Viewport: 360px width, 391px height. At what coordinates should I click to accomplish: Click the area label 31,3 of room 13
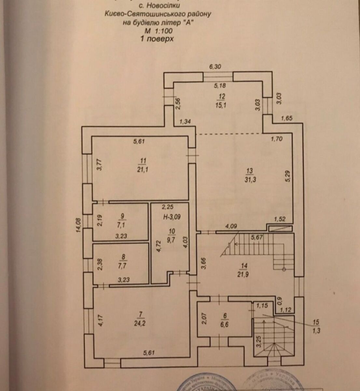(250, 179)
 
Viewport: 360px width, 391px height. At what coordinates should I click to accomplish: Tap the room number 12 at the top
(222, 97)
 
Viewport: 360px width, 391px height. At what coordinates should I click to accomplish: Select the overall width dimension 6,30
(215, 67)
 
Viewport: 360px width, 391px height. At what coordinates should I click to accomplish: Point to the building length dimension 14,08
(78, 225)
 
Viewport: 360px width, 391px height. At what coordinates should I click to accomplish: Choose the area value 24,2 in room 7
(141, 325)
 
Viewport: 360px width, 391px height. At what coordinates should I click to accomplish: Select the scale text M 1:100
(159, 31)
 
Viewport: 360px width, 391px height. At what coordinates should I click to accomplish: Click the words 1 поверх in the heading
(157, 38)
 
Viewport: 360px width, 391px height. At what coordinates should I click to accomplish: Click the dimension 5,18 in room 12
(220, 86)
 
